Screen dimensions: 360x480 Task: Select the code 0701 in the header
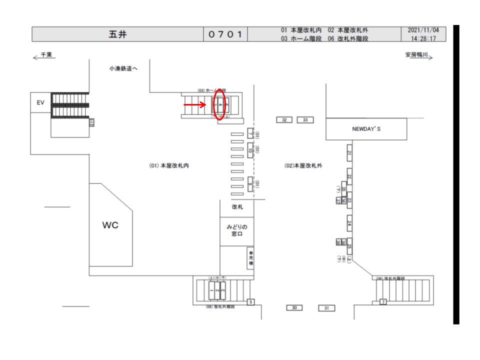(x=225, y=34)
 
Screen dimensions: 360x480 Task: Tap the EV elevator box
(x=41, y=102)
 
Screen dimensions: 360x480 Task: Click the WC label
(x=110, y=225)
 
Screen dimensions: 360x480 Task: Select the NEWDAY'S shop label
(x=366, y=129)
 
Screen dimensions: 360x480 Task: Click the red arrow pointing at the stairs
(x=195, y=104)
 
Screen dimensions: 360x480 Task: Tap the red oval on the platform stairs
(x=219, y=105)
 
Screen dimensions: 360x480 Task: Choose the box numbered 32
(x=284, y=120)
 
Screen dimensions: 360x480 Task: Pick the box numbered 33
(x=305, y=120)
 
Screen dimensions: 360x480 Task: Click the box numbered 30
(x=294, y=307)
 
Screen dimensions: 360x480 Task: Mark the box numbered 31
(x=326, y=308)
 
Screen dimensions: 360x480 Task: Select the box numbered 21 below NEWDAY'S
(x=350, y=153)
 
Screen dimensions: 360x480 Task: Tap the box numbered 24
(x=350, y=224)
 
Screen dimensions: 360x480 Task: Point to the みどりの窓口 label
(x=237, y=230)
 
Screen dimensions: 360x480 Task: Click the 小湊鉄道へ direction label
(x=123, y=68)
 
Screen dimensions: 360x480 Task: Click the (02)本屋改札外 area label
(x=303, y=165)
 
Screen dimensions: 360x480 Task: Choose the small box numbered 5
(x=251, y=301)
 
